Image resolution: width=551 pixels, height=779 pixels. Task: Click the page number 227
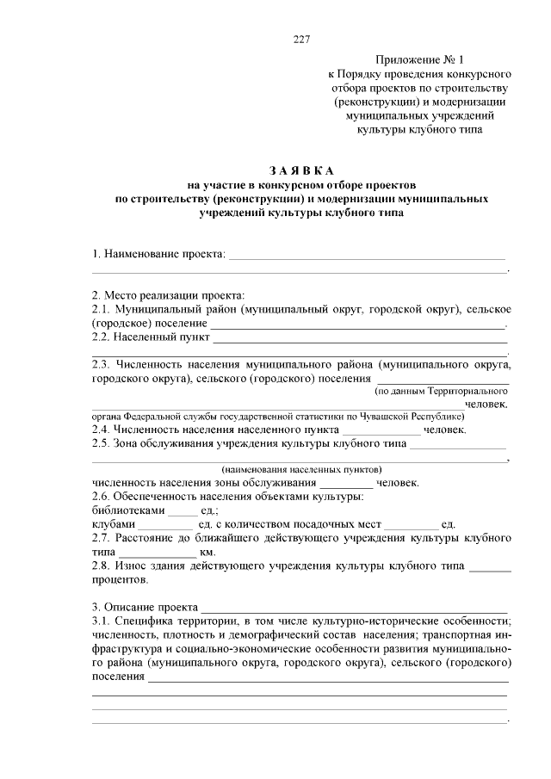coord(301,40)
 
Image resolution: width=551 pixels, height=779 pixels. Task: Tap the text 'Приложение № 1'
coord(419,59)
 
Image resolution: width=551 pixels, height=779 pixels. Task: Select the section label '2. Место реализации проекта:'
coord(169,294)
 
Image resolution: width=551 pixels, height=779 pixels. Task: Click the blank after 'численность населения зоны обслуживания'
coord(339,483)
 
